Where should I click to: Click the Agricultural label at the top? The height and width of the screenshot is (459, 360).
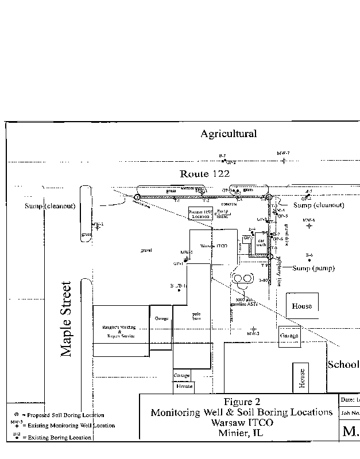(228, 134)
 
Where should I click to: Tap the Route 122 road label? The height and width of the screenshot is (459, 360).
(204, 173)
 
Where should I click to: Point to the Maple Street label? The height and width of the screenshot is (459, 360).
(67, 319)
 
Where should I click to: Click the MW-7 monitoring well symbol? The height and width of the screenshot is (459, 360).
(284, 160)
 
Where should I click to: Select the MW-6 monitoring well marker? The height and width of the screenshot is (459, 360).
(309, 226)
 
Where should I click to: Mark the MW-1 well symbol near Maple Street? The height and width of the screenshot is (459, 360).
(98, 227)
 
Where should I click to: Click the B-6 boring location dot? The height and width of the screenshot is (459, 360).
(309, 260)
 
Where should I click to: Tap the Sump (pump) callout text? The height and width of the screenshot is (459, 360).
(314, 268)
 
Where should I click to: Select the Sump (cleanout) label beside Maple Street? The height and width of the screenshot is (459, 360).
(51, 205)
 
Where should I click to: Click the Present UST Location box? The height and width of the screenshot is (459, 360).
(200, 215)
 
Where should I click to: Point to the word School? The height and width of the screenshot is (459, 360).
(343, 365)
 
